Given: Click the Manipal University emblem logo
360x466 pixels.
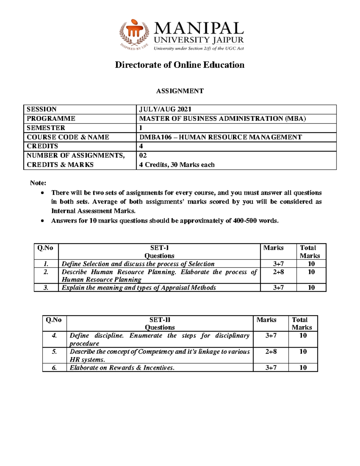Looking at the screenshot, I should (x=134, y=34).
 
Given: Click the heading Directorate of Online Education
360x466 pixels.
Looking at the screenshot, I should (x=180, y=65).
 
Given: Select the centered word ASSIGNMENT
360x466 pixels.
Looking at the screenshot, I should (x=180, y=91).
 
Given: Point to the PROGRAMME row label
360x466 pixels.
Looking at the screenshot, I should (x=51, y=119).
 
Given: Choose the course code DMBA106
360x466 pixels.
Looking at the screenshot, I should (x=155, y=137).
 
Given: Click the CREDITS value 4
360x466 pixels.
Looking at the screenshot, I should (x=141, y=146).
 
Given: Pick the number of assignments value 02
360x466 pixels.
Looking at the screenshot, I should (x=143, y=155).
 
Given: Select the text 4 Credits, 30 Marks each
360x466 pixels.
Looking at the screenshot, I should (x=177, y=165).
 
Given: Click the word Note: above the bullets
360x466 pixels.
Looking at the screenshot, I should (x=38, y=183).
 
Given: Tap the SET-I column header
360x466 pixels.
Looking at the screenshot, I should (x=159, y=248).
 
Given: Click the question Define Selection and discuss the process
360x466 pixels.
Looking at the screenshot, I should (x=138, y=264).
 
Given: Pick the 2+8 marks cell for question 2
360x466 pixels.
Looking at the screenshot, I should (x=278, y=272).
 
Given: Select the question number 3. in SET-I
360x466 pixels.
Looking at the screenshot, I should (x=46, y=287).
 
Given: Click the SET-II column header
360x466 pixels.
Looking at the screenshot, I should (x=160, y=320).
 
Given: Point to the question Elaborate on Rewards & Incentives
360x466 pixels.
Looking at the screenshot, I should (x=122, y=368).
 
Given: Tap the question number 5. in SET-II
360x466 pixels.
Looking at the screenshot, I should (x=54, y=351).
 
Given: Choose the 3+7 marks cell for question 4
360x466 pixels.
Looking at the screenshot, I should (x=271, y=335).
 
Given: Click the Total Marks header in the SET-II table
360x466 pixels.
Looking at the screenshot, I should (x=302, y=323).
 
